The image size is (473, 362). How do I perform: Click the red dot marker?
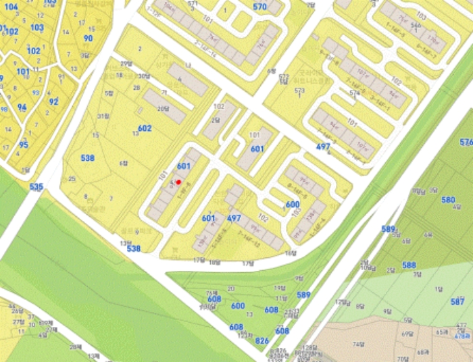coord(178,182)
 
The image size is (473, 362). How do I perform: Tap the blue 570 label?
coord(260,7)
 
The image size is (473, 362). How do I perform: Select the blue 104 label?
coord(11,7)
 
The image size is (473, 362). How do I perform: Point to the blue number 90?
coord(88,38)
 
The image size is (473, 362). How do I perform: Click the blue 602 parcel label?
coord(145,128)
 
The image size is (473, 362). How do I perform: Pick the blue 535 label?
coord(36,186)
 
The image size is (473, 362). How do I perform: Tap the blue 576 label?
coord(466,143)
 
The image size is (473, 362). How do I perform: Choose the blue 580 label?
coord(448,200)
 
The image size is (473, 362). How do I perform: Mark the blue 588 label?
coord(409,265)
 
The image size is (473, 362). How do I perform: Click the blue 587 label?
coord(458,301)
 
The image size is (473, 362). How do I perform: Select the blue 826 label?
coord(262,340)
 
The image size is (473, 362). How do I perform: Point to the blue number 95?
coord(24,145)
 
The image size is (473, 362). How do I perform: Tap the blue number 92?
coord(53,101)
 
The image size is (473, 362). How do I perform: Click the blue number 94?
coord(22,107)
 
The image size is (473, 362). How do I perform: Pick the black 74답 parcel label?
coord(376,344)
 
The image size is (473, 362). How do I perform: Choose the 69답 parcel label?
coord(407,334)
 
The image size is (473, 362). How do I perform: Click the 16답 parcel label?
coord(291,253)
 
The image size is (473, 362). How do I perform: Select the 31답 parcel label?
coord(103,116)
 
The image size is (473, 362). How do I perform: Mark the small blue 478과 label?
coord(462,336)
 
